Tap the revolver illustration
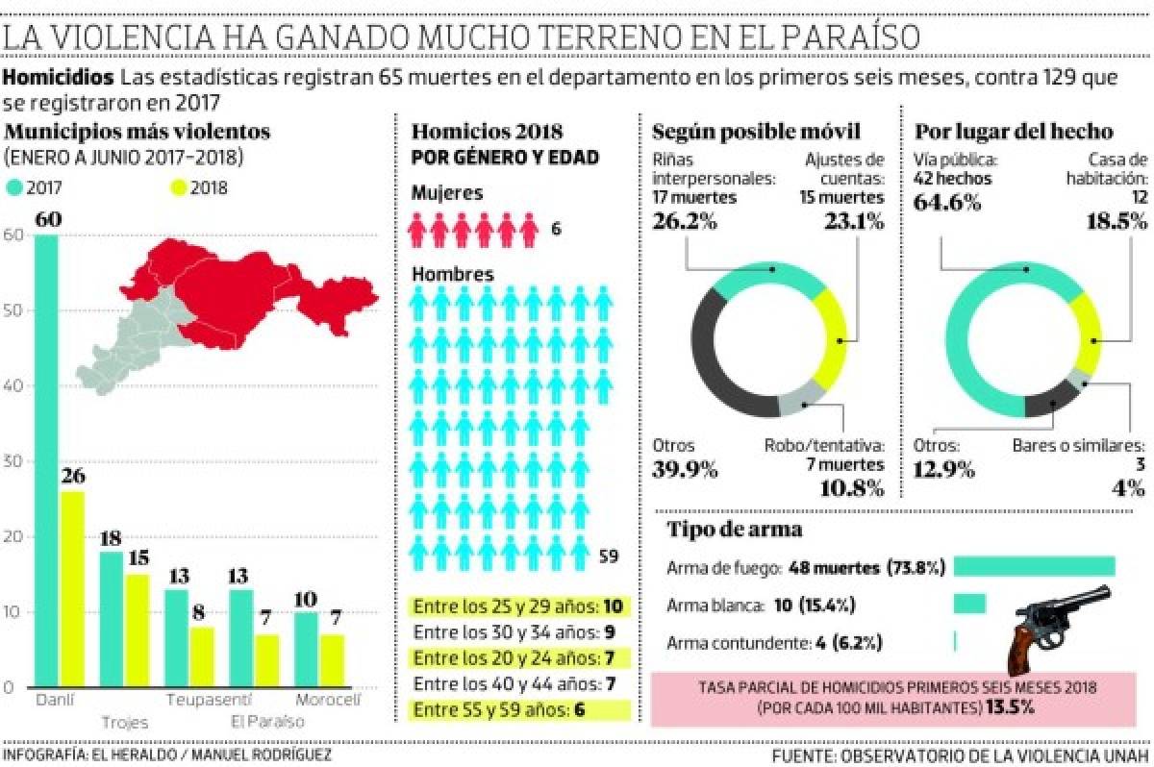coord(1058,625)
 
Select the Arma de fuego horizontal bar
coord(1034,567)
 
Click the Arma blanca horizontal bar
coord(969,605)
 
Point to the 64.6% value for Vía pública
coord(947,202)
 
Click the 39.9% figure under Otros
coord(685,470)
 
